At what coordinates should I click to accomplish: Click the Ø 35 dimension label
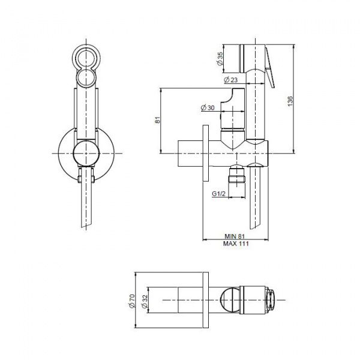[220, 58]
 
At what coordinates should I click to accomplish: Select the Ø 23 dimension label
[230, 80]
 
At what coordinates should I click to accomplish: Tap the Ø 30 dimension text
[208, 107]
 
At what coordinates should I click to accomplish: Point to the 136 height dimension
[290, 101]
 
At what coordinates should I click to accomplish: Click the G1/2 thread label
[218, 194]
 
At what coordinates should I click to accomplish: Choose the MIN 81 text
[235, 236]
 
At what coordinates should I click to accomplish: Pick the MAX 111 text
[236, 244]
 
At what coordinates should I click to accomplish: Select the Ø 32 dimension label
[145, 301]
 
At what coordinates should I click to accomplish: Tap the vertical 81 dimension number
[158, 120]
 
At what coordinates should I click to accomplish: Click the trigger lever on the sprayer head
[269, 67]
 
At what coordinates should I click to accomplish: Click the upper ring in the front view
[86, 57]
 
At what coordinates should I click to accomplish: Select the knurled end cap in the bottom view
[270, 301]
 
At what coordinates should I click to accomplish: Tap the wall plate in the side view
[205, 154]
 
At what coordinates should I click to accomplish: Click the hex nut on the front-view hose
[86, 176]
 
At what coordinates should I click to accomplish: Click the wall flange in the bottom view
[206, 301]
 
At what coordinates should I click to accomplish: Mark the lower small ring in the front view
[86, 77]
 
